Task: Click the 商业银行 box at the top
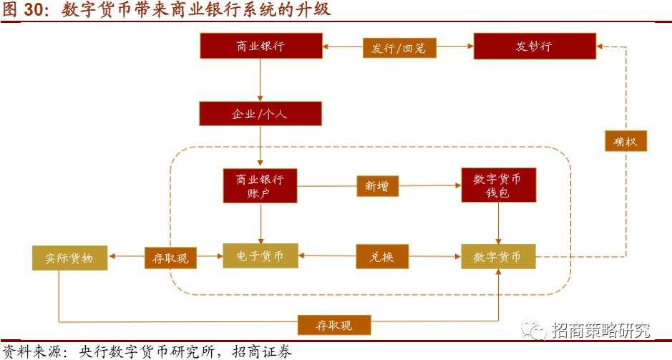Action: click(260, 47)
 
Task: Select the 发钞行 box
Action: click(534, 47)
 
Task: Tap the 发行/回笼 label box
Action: click(399, 48)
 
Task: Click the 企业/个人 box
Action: click(260, 113)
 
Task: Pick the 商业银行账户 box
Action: click(260, 186)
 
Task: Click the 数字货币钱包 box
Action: click(498, 186)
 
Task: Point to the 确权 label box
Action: click(625, 140)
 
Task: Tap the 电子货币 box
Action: click(260, 256)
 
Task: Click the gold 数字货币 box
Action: click(498, 256)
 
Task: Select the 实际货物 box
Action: click(69, 256)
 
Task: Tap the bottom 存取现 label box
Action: click(334, 325)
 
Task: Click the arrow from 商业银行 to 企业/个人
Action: click(260, 79)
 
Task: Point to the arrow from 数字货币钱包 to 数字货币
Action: click(498, 223)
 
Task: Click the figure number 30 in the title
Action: click(34, 10)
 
